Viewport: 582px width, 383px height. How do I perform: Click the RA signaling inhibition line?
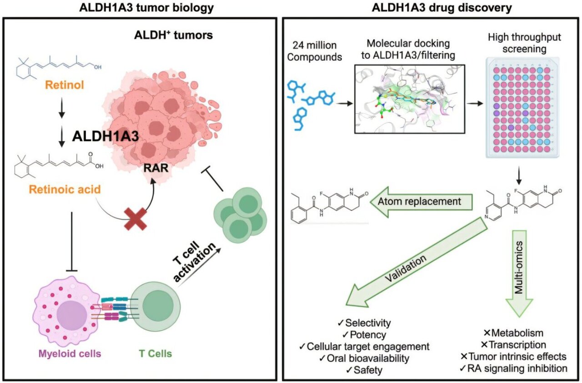coord(518,368)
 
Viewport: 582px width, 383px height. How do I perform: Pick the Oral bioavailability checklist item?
coord(367,358)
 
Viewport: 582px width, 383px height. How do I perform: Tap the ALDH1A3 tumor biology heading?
coord(138,7)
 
